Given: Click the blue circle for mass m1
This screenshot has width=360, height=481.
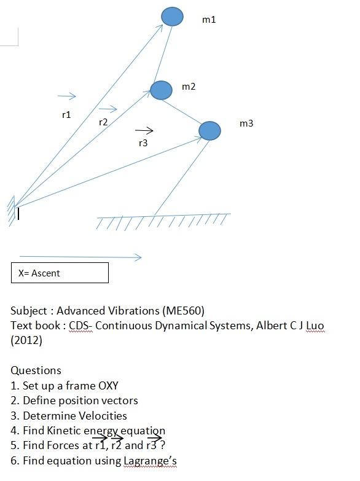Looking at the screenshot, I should coord(172,17).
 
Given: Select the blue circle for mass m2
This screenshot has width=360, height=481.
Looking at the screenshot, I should coord(161,90).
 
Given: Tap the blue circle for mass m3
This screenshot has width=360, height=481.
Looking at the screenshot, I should coord(209,130).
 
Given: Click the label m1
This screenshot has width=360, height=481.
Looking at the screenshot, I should coord(209,20).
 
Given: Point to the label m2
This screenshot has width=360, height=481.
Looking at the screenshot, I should coord(189,87).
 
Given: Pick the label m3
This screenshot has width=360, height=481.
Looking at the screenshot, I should coord(246,123).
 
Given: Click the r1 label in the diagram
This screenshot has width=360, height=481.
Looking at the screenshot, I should coord(67,114).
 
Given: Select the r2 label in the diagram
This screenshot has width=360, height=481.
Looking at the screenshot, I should coord(103,122).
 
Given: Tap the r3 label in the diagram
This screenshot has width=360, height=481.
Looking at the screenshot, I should coord(143,143).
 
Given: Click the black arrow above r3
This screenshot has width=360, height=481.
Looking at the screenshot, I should coord(144,130).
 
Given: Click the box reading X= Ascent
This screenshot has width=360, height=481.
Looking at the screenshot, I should coord(60,273).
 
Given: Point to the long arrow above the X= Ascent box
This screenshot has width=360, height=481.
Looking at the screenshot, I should coord(80,257).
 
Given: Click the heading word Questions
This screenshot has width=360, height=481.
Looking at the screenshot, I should coord(36,370).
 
